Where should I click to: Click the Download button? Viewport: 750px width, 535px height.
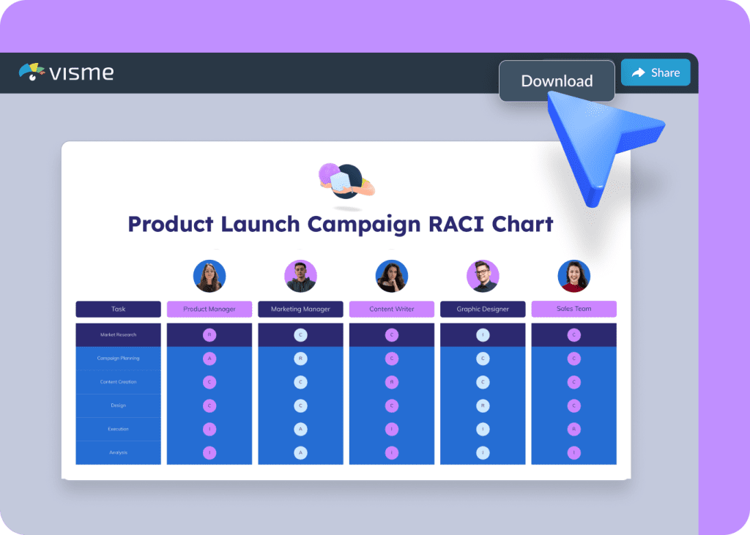pyautogui.click(x=557, y=81)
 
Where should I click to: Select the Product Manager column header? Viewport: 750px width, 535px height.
pyautogui.click(x=209, y=309)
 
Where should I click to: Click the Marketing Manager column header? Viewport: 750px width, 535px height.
pyautogui.click(x=300, y=309)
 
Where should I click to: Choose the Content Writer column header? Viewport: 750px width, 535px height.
pyautogui.click(x=392, y=309)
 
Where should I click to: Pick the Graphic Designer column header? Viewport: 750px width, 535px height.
pyautogui.click(x=483, y=309)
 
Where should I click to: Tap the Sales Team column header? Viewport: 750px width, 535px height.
pyautogui.click(x=573, y=309)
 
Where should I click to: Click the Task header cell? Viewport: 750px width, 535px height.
pyautogui.click(x=118, y=309)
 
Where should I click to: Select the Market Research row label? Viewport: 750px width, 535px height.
pyautogui.click(x=118, y=334)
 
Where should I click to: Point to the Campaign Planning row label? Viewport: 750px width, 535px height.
pyautogui.click(x=118, y=359)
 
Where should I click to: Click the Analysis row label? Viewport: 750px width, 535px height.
pyautogui.click(x=118, y=452)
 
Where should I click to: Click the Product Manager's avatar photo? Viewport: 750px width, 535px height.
pyautogui.click(x=209, y=276)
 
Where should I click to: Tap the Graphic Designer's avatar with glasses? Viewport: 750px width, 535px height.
pyautogui.click(x=483, y=276)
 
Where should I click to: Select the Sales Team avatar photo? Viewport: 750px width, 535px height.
pyautogui.click(x=573, y=276)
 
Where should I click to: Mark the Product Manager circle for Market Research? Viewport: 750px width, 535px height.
pyautogui.click(x=209, y=335)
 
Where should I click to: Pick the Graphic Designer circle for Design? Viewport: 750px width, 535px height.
pyautogui.click(x=483, y=405)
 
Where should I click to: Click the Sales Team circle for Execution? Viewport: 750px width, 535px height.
pyautogui.click(x=573, y=429)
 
